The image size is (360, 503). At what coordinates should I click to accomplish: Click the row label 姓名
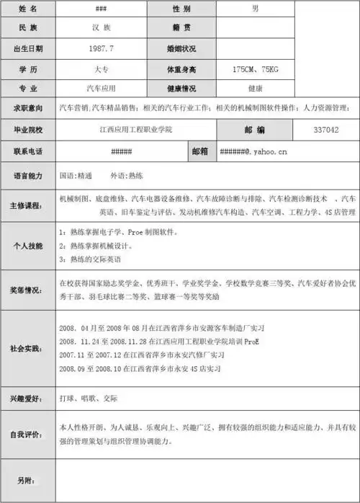click(x=28, y=9)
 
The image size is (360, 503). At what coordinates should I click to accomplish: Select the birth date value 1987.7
click(x=102, y=48)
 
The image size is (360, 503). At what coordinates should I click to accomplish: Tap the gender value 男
click(x=255, y=9)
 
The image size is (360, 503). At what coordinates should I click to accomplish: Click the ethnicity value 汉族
click(x=102, y=28)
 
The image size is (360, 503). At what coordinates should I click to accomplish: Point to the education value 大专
click(x=102, y=69)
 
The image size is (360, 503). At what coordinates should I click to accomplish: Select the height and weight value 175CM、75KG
click(x=255, y=69)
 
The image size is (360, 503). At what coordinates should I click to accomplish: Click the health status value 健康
click(x=255, y=89)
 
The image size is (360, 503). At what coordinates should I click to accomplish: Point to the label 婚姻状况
click(x=181, y=48)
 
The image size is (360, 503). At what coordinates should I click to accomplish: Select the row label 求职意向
click(x=28, y=108)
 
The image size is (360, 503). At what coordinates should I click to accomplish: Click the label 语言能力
click(x=28, y=175)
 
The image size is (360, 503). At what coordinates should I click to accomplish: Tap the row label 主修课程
click(x=28, y=205)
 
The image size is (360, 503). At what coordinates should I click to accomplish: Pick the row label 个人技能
click(x=28, y=245)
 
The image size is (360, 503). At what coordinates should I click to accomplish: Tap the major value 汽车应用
click(x=102, y=89)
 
